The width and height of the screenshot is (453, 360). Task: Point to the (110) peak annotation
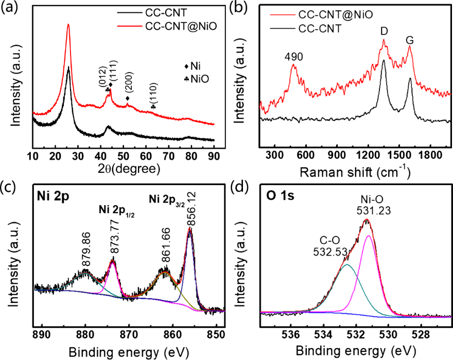coord(153,95)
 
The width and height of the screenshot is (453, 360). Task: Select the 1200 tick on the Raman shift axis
coord(368,155)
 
